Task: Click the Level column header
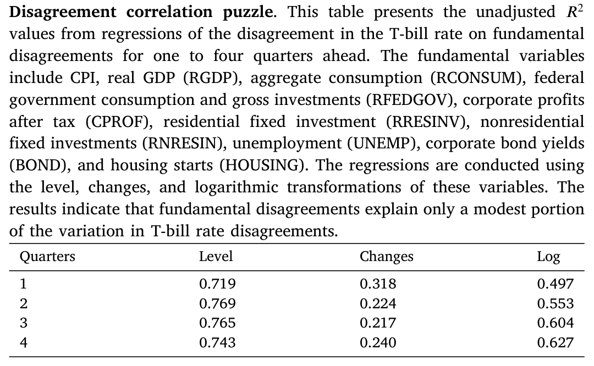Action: coord(216,257)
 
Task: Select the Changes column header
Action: coord(387,257)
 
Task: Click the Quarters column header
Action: coord(47,257)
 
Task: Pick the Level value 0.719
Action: coord(217,284)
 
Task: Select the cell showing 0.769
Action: coord(217,303)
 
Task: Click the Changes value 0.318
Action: coord(378,284)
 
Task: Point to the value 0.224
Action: coord(378,303)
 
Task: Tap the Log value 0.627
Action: coord(555,343)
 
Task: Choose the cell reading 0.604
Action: coord(555,323)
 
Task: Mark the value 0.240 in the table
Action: coord(378,343)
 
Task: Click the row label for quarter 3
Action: coord(24,323)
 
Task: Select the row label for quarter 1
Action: coord(24,284)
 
